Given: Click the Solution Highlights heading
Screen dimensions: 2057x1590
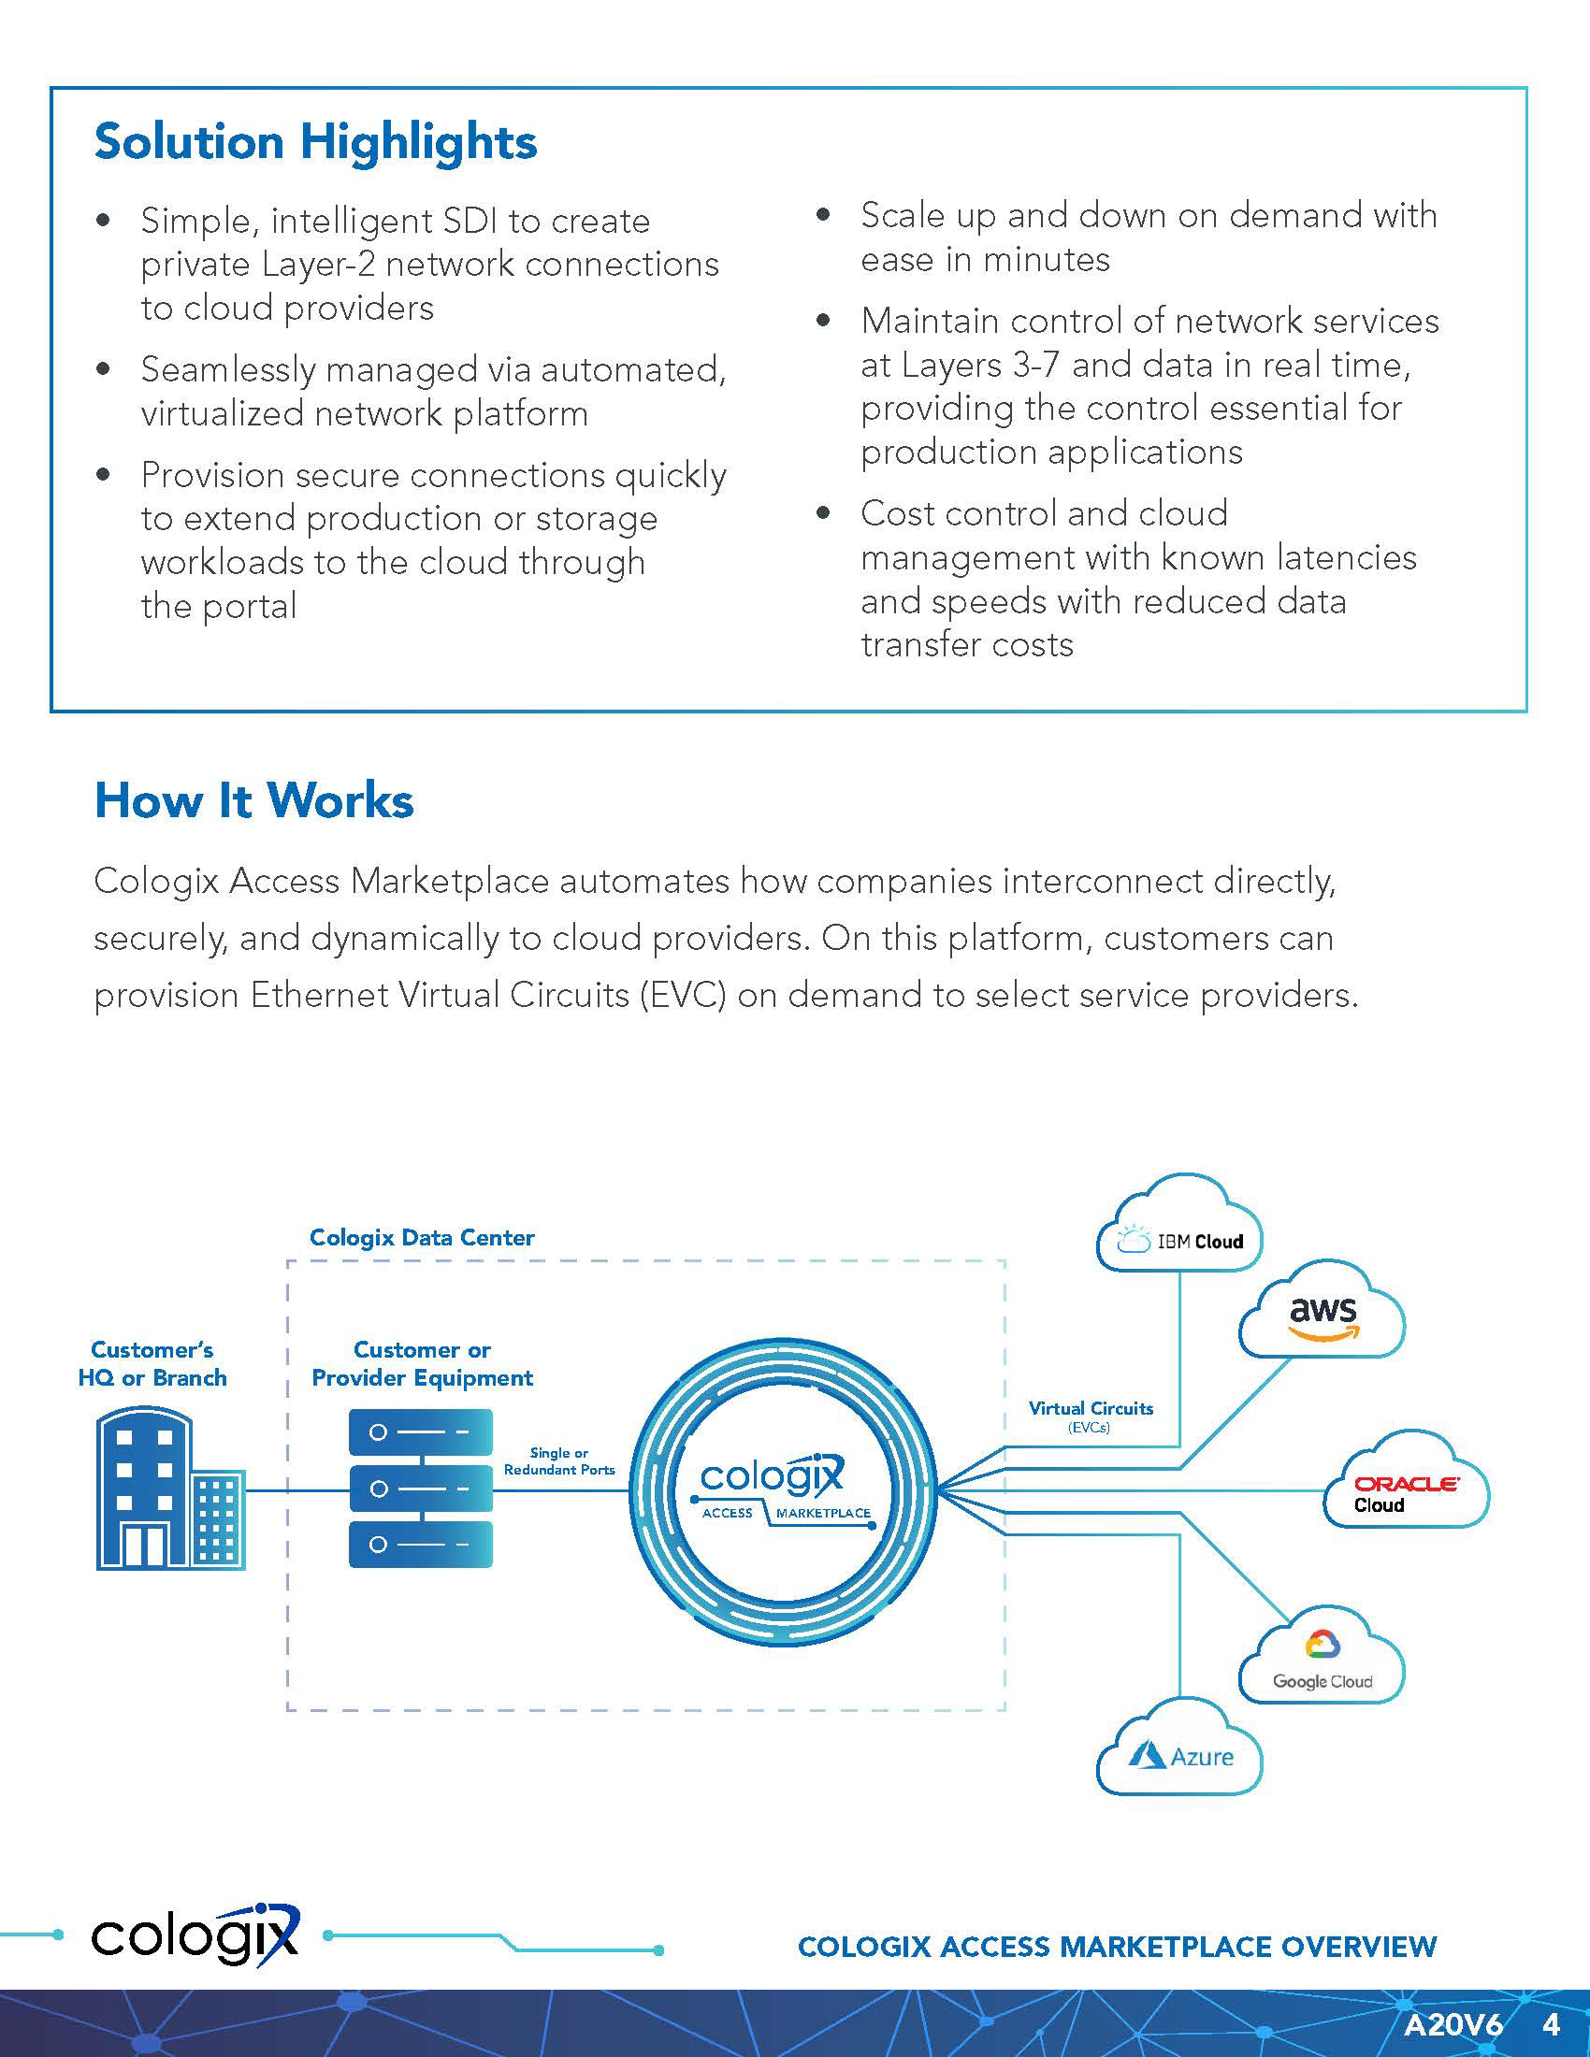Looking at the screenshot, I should (315, 142).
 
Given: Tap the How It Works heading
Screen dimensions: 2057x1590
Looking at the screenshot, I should (253, 800).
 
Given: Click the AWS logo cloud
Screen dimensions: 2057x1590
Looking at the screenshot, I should (1323, 1314).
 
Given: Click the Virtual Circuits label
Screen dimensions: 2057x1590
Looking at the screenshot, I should (1091, 1408).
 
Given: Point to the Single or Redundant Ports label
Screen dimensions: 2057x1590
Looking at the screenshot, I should (559, 1460).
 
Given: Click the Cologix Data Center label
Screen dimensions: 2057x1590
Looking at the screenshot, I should (422, 1238).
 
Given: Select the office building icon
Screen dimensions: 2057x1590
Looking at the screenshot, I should (170, 1489).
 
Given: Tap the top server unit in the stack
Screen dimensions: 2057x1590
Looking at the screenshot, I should (420, 1432).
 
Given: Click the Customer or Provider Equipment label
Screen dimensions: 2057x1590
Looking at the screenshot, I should (422, 1364).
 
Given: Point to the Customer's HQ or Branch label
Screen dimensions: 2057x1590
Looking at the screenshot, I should (152, 1364).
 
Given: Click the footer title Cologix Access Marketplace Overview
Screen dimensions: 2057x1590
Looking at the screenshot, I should (1117, 1946).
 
